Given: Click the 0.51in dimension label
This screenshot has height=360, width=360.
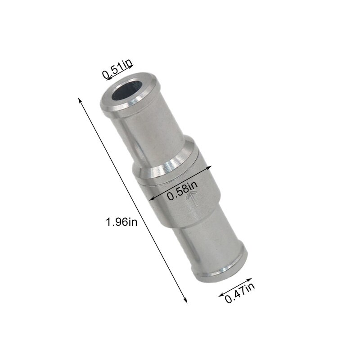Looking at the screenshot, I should pyautogui.click(x=117, y=72).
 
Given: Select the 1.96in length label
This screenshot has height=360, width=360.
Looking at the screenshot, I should pyautogui.click(x=121, y=221).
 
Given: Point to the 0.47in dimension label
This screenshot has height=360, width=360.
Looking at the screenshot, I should pyautogui.click(x=240, y=292).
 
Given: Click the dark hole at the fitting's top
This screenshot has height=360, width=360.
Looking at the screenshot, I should pyautogui.click(x=124, y=91).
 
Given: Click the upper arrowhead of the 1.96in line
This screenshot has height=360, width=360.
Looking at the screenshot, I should pyautogui.click(x=80, y=99).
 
